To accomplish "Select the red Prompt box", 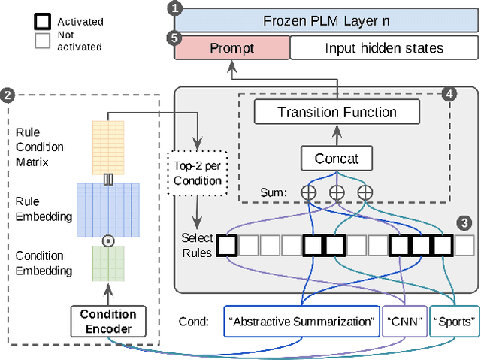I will (x=231, y=49).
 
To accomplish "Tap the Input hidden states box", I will (x=383, y=49).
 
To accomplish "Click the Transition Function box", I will (x=337, y=113).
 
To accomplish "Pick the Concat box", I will (x=337, y=159).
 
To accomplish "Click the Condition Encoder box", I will (x=107, y=321).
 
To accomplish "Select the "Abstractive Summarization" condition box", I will (x=301, y=322).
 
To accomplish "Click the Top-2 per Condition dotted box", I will (x=196, y=174).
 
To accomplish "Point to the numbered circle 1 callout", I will (x=175, y=8).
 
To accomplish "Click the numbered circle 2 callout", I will (x=8, y=95).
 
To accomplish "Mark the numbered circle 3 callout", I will (x=466, y=222).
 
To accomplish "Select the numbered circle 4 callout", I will (x=449, y=95).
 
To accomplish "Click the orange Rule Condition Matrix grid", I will (x=107, y=146).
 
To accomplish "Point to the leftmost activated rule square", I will (x=227, y=245).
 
